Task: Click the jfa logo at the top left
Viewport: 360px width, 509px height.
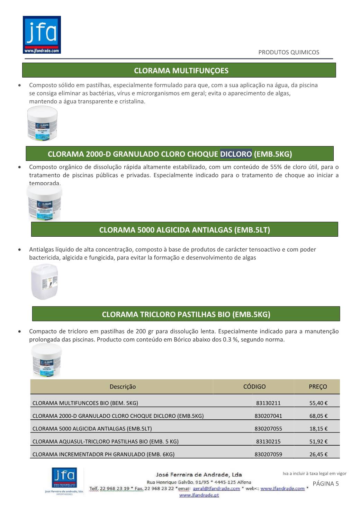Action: coord(42,35)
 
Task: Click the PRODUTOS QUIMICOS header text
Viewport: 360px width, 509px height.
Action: coord(289,52)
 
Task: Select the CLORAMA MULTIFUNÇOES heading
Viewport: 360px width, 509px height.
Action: coord(181,71)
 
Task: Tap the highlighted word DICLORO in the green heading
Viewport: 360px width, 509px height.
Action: coord(236,154)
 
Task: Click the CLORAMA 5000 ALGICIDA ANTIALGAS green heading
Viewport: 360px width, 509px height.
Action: coord(184,230)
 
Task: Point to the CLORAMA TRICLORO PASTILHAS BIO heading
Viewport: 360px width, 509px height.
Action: coord(186,314)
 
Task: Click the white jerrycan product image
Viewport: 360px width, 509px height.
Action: coord(44,282)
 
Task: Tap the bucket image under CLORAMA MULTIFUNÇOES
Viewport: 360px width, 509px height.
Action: coord(43,123)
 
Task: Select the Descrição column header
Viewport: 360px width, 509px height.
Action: coord(123,387)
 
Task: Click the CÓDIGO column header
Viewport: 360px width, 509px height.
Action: coord(254,387)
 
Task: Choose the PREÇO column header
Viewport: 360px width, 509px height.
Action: coord(318,387)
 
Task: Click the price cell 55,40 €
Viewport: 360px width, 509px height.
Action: coord(318,403)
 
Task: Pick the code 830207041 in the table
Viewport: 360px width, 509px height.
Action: coord(268,416)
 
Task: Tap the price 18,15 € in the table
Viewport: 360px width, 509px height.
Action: coord(318,429)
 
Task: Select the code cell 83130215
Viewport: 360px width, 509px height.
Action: coord(268,442)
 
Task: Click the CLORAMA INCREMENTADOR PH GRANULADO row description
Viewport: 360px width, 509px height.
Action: coord(103,454)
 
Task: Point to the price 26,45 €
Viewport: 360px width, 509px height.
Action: coord(318,454)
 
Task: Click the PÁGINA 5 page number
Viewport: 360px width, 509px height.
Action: coord(326,484)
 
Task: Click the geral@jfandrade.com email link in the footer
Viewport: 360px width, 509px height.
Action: coord(216,489)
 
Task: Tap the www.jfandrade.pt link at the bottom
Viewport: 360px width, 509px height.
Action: coord(199,495)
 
